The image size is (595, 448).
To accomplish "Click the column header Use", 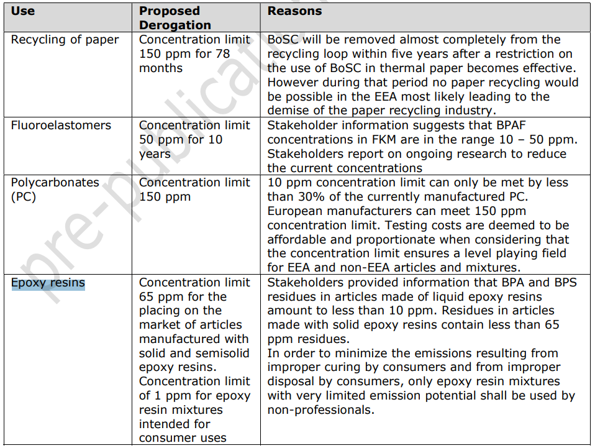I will pyautogui.click(x=23, y=11).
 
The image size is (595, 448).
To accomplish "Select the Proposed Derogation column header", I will pyautogui.click(x=175, y=18).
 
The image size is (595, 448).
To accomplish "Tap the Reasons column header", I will pyautogui.click(x=294, y=11).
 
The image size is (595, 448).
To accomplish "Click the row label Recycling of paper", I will pyautogui.click(x=65, y=40).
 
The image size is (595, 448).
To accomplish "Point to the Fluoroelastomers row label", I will pyautogui.click(x=61, y=126).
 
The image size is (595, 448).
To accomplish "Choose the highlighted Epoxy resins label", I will pyautogui.click(x=48, y=283).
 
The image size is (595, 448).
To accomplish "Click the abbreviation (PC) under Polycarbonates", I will pyautogui.click(x=24, y=197).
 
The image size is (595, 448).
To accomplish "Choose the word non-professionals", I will pyautogui.click(x=320, y=410).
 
